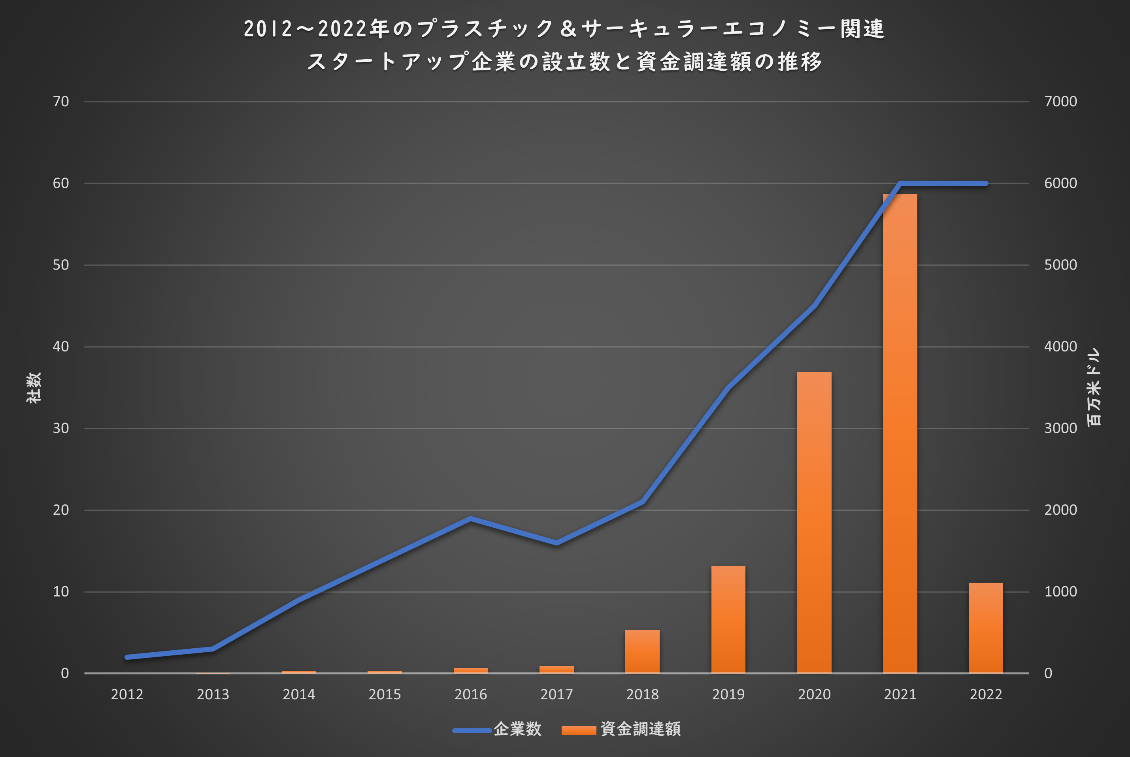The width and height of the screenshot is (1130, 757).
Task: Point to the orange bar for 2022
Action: point(986,628)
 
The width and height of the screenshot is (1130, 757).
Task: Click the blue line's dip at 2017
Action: point(557,543)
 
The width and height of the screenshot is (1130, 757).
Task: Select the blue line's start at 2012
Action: point(127,657)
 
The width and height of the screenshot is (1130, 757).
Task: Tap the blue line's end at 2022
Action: point(986,183)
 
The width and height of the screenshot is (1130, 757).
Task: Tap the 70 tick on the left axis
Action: point(61,101)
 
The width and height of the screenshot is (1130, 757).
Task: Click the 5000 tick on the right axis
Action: point(1060,265)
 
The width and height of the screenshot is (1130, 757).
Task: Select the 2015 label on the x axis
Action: point(385,694)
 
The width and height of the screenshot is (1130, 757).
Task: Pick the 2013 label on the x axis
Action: point(213,694)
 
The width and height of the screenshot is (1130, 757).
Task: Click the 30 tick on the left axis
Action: point(61,428)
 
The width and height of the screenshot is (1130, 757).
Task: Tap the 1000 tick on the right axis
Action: point(1060,591)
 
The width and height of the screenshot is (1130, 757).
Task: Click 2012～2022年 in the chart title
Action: point(317,29)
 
